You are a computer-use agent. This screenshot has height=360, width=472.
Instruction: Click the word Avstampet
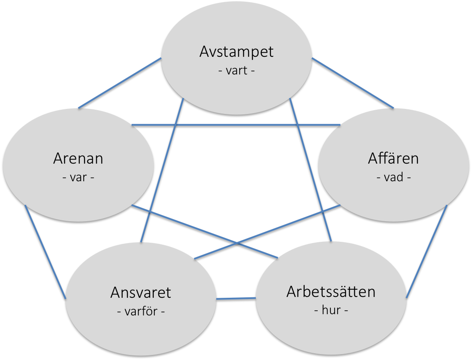coord(236,52)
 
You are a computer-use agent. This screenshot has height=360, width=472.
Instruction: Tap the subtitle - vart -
coord(236,70)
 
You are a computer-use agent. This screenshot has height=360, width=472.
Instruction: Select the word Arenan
coord(78,159)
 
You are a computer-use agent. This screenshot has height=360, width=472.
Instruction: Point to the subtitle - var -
coord(78,177)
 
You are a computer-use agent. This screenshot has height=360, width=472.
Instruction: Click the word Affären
coord(393,159)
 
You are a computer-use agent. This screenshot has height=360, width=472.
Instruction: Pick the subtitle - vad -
coord(393,177)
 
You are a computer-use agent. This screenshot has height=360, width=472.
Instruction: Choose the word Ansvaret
coord(141,292)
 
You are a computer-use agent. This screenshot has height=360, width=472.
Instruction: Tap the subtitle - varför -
coord(141,312)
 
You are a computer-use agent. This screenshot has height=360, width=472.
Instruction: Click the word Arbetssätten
coord(331,291)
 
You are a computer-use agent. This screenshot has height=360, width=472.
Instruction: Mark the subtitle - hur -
coord(331,311)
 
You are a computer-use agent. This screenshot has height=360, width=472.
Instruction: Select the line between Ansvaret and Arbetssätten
coord(236,299)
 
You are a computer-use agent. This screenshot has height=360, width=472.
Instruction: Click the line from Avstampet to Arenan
coord(120,83)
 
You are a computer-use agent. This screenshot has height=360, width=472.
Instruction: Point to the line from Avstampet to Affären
coord(352,83)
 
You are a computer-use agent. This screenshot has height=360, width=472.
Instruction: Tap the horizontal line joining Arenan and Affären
coord(236,125)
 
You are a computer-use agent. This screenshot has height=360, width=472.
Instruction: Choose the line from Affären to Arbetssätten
coord(427,251)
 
